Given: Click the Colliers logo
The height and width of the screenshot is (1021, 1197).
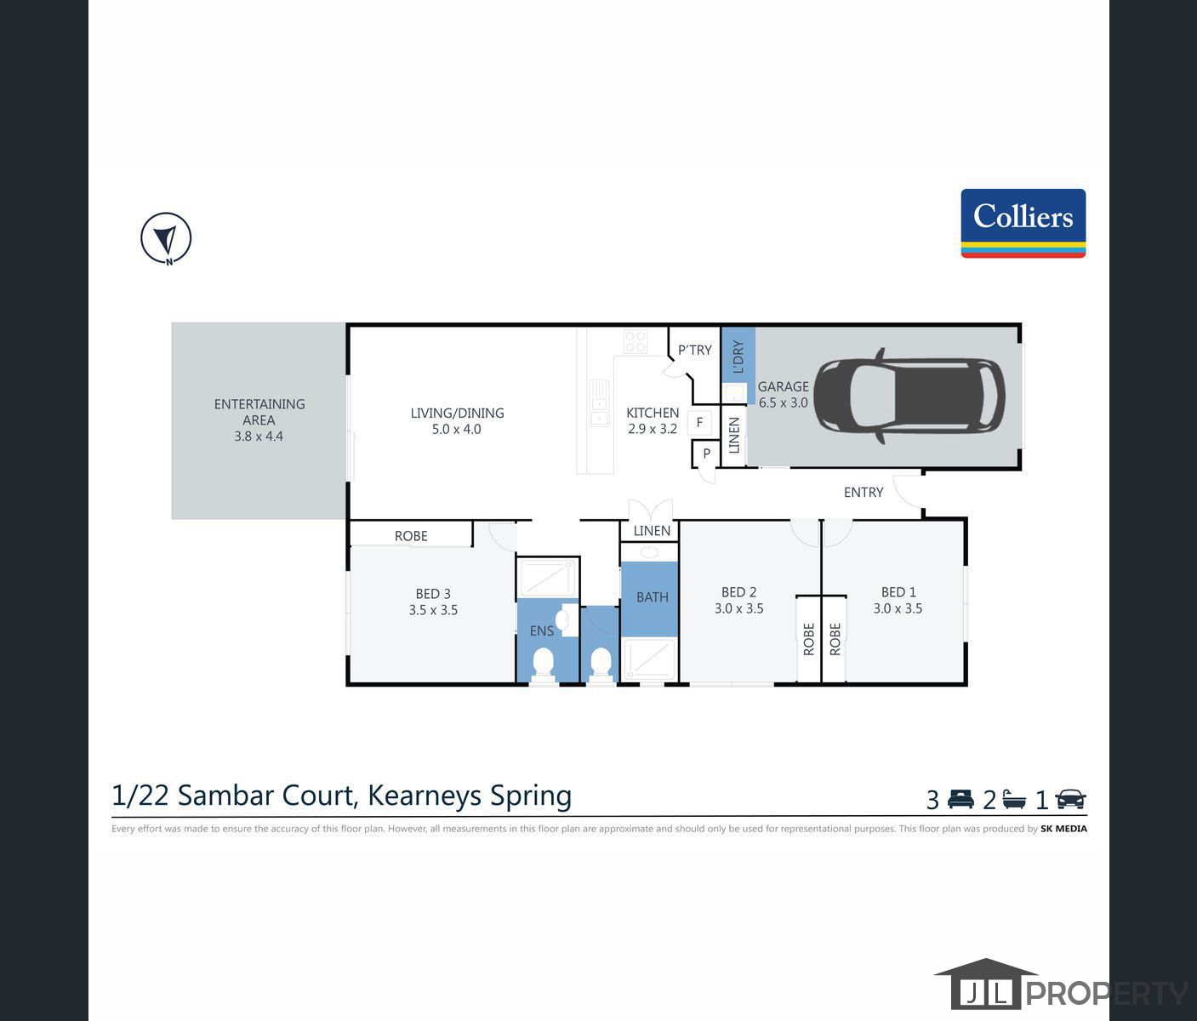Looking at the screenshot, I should (x=1023, y=223).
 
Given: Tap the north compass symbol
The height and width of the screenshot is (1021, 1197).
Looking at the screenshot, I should (x=166, y=238).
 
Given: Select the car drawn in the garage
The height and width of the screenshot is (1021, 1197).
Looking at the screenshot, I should (x=909, y=396).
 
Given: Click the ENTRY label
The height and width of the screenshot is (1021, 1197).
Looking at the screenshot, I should (x=863, y=492).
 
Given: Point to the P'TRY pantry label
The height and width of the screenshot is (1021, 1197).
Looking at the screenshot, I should (x=694, y=350).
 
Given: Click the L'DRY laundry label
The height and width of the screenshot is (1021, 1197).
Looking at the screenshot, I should (x=738, y=356).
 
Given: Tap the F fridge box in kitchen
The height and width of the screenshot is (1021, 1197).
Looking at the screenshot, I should (x=699, y=422).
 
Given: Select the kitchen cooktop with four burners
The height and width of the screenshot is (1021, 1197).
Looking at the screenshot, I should (x=635, y=342).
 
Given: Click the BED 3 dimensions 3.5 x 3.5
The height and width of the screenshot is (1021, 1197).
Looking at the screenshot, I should (x=433, y=610).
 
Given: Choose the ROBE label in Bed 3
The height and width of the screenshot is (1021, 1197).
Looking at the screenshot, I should (x=411, y=536).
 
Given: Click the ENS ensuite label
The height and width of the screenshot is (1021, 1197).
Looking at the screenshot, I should (x=541, y=630).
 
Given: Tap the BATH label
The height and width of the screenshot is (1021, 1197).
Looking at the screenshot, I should (x=653, y=597).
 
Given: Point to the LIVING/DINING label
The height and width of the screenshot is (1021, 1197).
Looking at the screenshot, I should (x=457, y=414).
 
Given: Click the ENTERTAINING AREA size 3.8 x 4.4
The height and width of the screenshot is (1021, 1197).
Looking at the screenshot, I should (x=259, y=436).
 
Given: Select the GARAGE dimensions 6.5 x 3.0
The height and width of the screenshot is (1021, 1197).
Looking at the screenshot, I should (x=783, y=402).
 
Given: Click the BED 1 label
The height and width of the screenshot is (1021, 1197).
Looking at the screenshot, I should (x=898, y=592).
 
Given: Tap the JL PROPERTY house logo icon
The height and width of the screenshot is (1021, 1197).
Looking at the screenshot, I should (x=985, y=984).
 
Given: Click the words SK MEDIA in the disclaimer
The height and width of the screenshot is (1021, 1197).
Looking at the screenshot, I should (x=1063, y=829).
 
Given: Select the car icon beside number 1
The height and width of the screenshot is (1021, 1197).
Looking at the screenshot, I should (x=1070, y=800).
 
